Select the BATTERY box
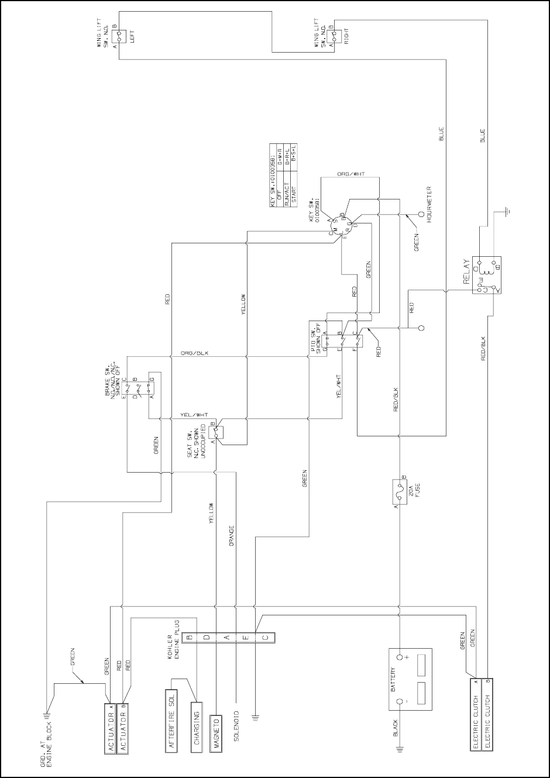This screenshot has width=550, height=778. pyautogui.click(x=410, y=679)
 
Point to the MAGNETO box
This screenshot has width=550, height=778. pyautogui.click(x=216, y=731)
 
